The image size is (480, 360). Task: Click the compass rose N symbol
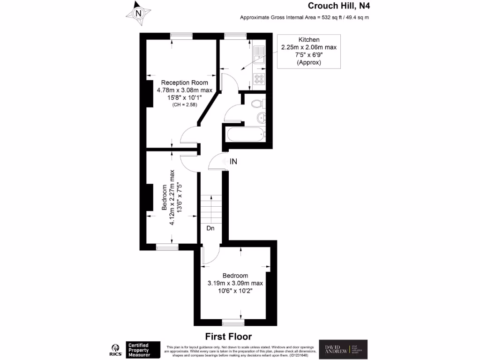138,14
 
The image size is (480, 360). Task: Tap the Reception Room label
184,82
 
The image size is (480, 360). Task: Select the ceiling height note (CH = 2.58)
184,105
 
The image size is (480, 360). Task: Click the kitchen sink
259,55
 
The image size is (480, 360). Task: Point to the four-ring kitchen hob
259,79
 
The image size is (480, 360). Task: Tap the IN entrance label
233,162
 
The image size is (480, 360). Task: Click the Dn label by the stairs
210,228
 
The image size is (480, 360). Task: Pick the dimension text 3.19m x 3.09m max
235,283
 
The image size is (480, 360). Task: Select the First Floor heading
228,337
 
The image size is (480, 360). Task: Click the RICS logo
114,349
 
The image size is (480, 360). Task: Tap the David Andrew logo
344,349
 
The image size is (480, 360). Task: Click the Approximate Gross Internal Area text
305,18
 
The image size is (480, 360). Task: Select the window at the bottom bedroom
233,322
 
